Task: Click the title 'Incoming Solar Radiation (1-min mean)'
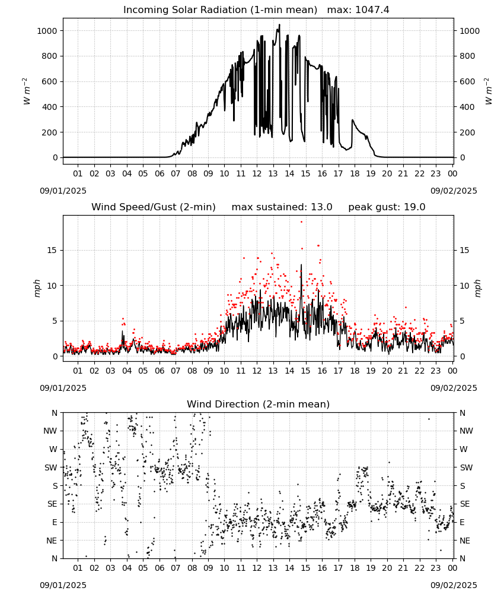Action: (220, 10)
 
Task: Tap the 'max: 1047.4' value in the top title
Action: (358, 10)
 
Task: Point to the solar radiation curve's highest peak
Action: (279, 24)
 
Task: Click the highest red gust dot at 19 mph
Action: (301, 222)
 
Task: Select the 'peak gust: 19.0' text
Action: (387, 207)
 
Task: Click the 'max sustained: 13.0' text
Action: (282, 207)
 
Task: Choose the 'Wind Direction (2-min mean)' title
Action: (259, 404)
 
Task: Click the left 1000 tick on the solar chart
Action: (47, 31)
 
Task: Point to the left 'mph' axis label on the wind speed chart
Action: (37, 288)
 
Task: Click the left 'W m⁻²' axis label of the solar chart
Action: (25, 91)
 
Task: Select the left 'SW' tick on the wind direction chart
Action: (51, 467)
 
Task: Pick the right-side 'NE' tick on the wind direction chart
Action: (465, 541)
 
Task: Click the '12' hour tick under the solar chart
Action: (257, 173)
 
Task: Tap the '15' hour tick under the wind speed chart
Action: (305, 371)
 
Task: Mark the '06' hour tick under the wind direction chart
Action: (160, 568)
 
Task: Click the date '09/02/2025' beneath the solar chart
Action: (454, 191)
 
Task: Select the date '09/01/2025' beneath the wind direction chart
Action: (63, 585)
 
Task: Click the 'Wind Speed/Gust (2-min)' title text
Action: (154, 207)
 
